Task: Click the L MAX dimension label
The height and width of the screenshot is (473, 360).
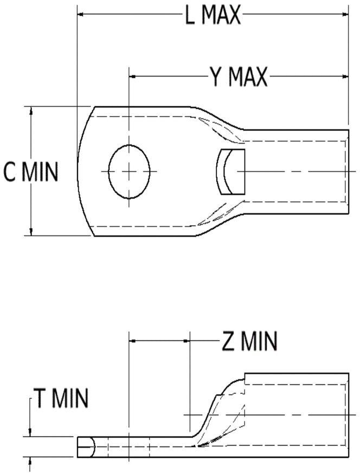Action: (x=213, y=14)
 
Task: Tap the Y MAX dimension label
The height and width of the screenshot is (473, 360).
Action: (x=239, y=76)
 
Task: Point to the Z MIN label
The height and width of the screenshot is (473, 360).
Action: (x=249, y=341)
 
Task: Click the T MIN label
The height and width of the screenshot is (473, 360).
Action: (x=61, y=398)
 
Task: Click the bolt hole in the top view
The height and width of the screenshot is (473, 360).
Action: (x=130, y=171)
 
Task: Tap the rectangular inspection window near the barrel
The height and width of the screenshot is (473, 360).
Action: (x=230, y=171)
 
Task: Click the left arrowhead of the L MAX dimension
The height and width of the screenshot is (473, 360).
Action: (x=81, y=14)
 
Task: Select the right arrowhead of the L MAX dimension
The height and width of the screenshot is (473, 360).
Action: (x=345, y=14)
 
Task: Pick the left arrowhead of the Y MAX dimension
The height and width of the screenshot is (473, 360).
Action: (x=132, y=76)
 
